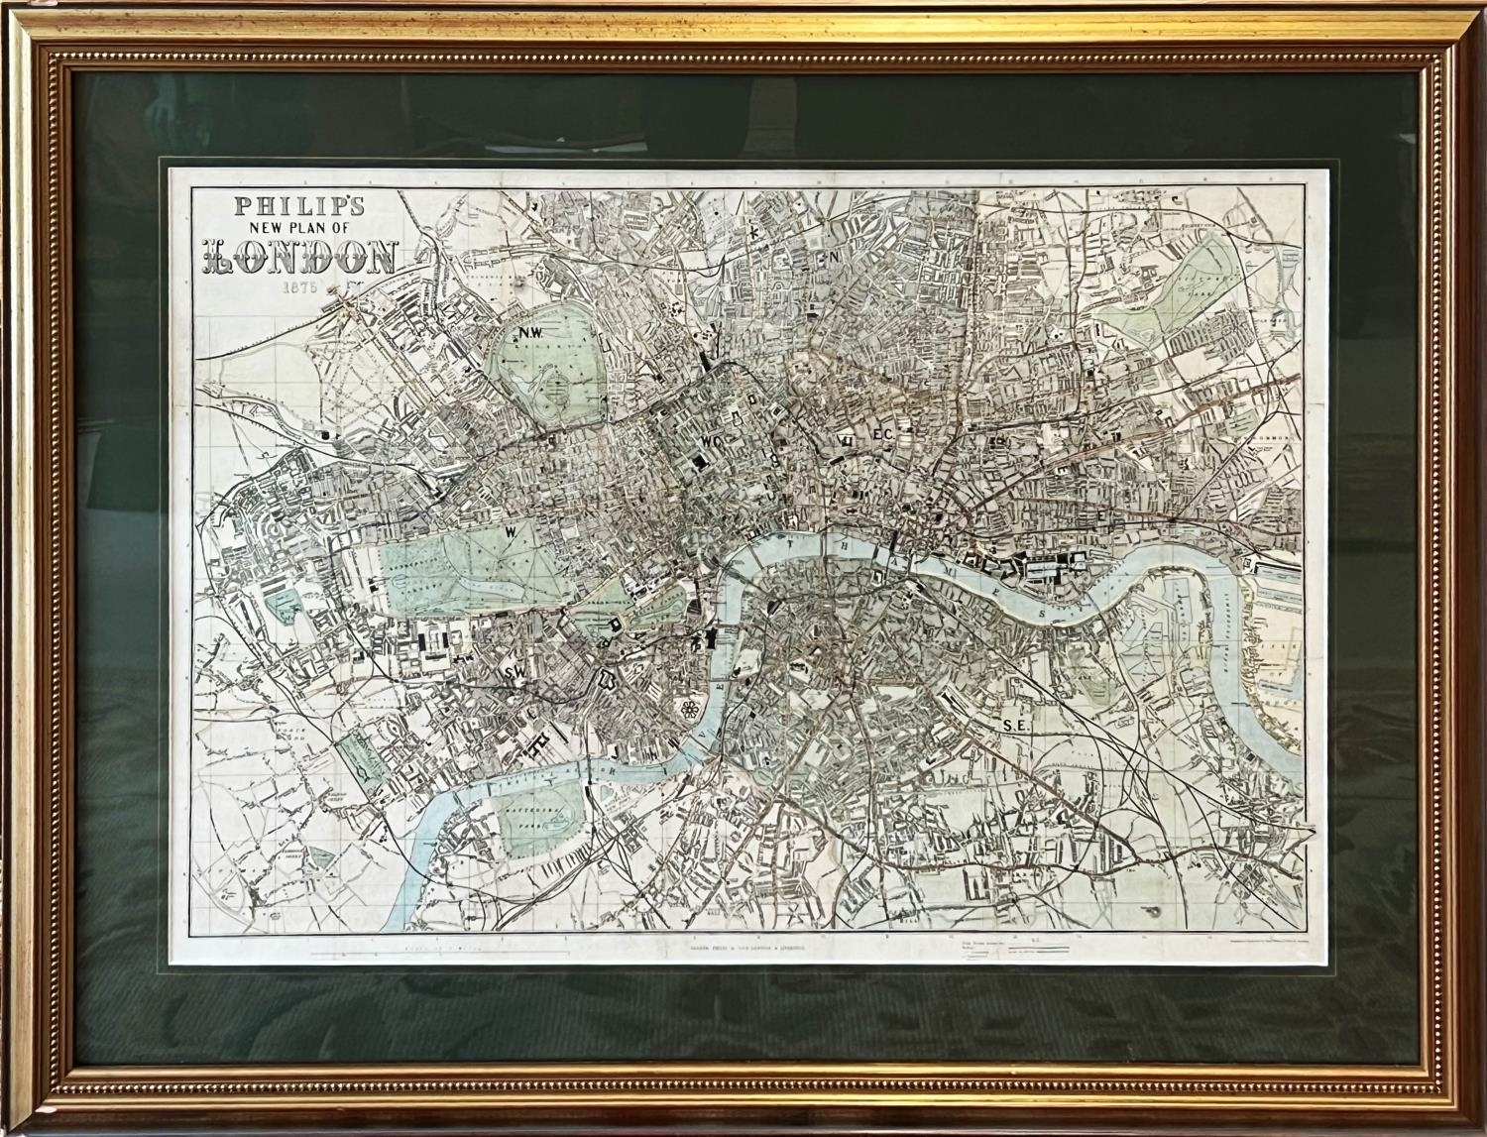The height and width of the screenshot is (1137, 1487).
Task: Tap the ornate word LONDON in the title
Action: tap(300, 259)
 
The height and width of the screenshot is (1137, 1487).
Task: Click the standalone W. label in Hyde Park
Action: tap(512, 532)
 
